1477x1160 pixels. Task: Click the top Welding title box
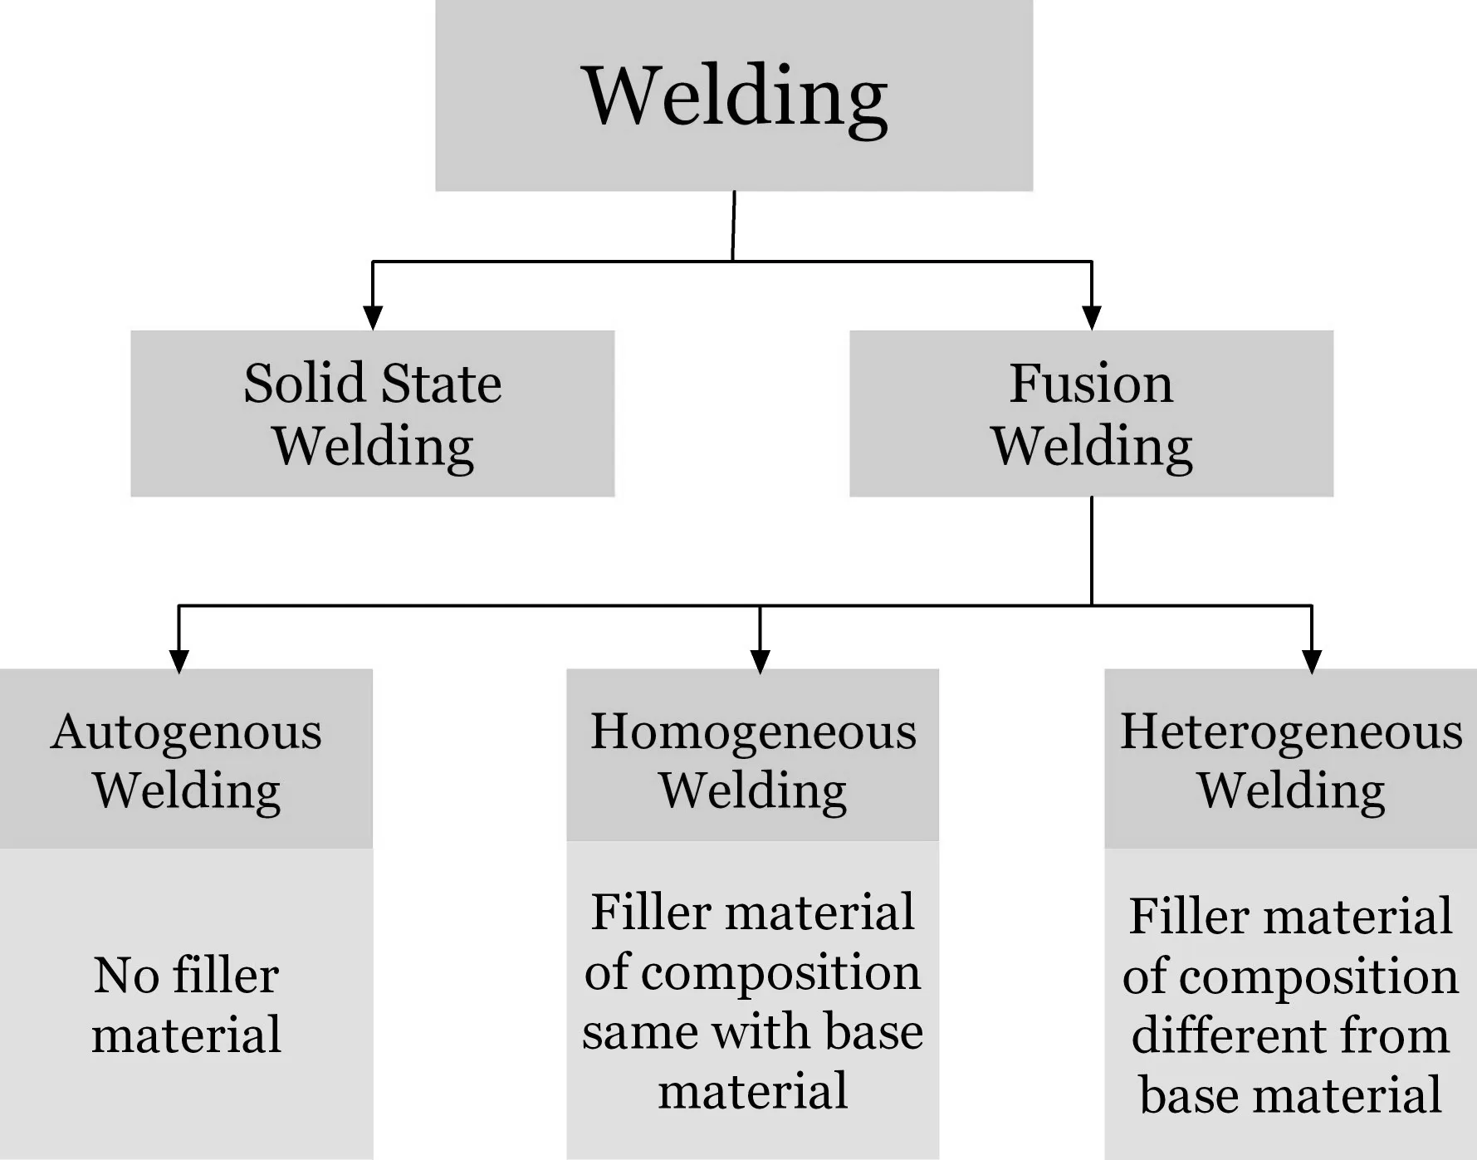(734, 95)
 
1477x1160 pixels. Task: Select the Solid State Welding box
(372, 414)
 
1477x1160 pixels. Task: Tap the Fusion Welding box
(1091, 414)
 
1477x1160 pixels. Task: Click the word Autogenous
(186, 732)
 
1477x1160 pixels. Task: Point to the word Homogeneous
(753, 732)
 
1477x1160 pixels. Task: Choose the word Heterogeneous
(1290, 732)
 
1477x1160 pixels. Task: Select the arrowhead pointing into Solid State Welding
(373, 317)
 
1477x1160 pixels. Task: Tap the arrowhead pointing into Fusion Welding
(1092, 317)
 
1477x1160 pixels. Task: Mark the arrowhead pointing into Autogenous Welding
(179, 660)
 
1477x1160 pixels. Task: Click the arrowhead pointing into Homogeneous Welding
(760, 660)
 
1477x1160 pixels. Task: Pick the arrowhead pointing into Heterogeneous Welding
(1312, 660)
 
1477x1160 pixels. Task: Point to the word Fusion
(1091, 384)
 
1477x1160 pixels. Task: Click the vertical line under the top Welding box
(733, 226)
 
